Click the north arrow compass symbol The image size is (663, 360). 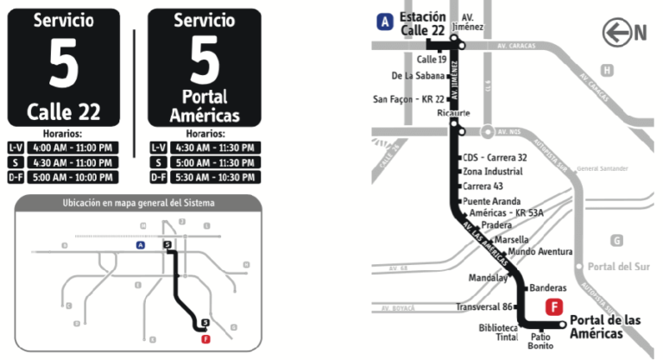point(626,33)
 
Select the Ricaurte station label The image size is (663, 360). point(429,113)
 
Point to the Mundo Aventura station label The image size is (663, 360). point(540,251)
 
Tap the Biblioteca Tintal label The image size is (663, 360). point(498,333)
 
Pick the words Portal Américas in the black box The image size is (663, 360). point(205,106)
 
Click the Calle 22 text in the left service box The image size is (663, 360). point(63,111)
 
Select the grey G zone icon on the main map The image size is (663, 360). point(616,241)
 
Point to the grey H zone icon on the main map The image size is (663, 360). point(608,70)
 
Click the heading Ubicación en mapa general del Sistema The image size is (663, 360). point(138,203)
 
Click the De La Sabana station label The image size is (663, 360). point(418,75)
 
